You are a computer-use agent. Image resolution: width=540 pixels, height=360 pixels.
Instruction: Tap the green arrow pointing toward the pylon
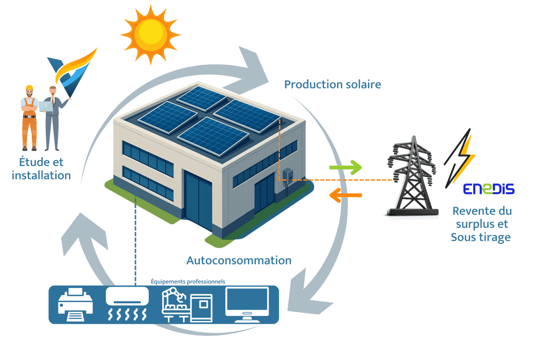click(x=345, y=169)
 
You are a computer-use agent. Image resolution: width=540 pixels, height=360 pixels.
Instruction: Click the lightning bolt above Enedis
click(x=460, y=155)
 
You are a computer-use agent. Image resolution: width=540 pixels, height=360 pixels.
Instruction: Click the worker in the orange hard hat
click(x=30, y=116)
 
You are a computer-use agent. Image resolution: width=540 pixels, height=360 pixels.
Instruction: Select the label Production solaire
click(x=332, y=84)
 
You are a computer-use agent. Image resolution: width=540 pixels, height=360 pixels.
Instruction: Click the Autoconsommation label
click(x=239, y=260)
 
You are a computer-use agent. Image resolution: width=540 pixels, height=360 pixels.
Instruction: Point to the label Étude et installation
click(x=41, y=169)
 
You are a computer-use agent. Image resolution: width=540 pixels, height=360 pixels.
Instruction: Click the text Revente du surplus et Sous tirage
click(x=481, y=224)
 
